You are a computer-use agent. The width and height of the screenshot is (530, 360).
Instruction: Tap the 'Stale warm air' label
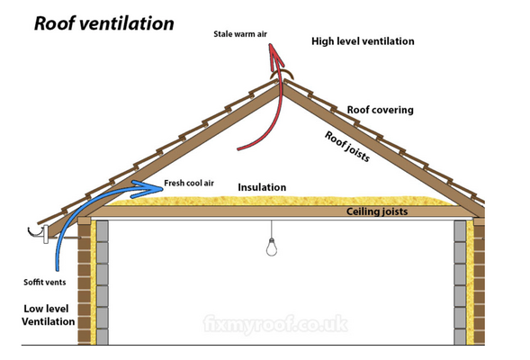point(240,34)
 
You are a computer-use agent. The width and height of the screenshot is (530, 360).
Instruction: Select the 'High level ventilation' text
point(363,41)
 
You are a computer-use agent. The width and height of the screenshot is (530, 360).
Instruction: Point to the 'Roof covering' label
point(380,110)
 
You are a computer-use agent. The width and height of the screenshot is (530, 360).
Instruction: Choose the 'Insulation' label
point(262,187)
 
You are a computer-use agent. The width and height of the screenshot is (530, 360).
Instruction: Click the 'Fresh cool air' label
point(189,184)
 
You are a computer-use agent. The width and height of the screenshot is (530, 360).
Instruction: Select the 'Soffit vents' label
point(43,282)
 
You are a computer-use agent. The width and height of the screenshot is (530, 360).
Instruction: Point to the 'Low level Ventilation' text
point(49,314)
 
